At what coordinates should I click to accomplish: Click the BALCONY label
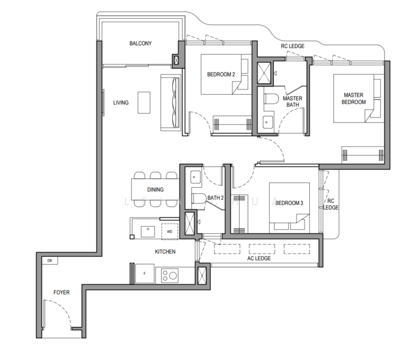coord(140,44)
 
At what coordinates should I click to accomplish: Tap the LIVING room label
coord(121,103)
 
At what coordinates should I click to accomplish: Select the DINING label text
coord(156,190)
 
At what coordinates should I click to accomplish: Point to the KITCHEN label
coord(165,251)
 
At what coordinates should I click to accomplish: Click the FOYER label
coord(61,292)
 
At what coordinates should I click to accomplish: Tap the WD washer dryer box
coord(169,230)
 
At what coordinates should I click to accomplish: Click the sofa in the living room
coord(169,101)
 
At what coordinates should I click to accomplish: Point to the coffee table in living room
coord(144,102)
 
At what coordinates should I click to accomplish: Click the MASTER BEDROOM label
coord(354,98)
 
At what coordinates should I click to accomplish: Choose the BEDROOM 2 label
coord(221,74)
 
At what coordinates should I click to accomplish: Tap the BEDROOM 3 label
coord(289,203)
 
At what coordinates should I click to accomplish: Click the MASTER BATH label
coord(292,102)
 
